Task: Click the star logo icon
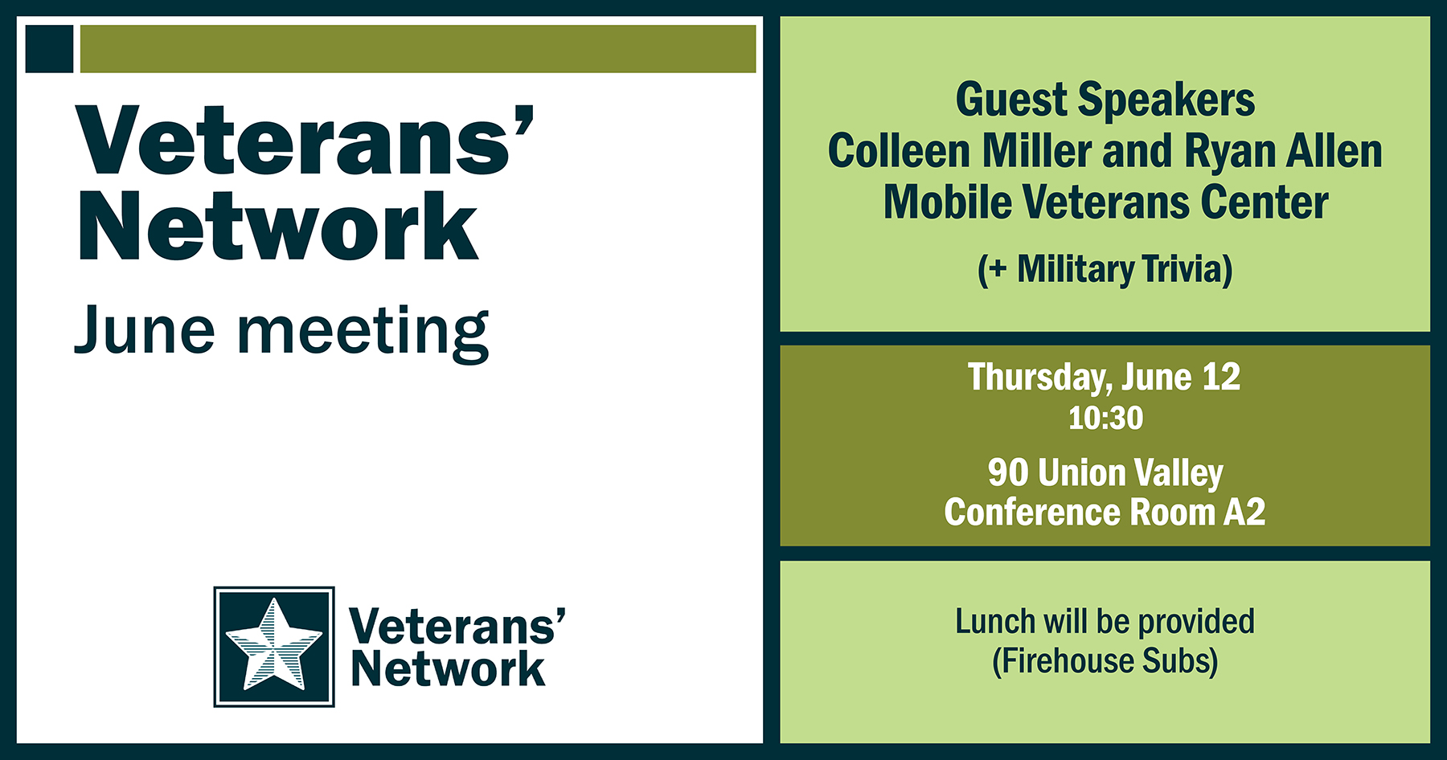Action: (x=274, y=646)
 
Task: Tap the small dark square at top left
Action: (x=49, y=49)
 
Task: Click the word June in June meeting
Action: (x=145, y=330)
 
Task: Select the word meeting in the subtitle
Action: (x=363, y=333)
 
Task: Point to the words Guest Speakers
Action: (x=1105, y=100)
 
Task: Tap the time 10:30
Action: (x=1105, y=419)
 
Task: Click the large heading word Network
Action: (x=277, y=228)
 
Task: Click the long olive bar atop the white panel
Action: (x=418, y=49)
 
